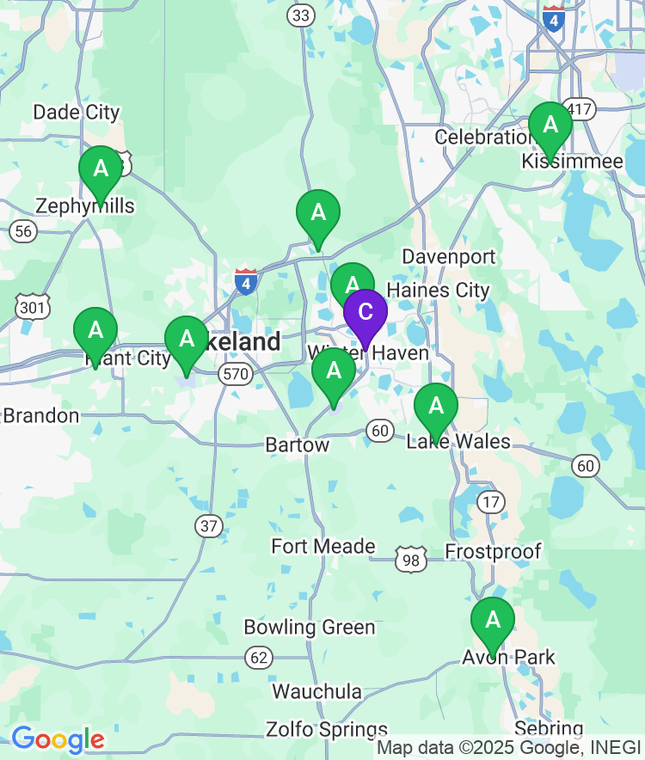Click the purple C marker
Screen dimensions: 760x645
(x=365, y=313)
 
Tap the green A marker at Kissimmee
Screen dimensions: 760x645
(x=550, y=126)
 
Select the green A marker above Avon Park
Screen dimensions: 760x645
(x=492, y=620)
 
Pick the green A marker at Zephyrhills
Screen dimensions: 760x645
(x=101, y=169)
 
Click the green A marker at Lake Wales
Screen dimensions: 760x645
(x=436, y=406)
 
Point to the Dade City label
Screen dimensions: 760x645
(x=77, y=113)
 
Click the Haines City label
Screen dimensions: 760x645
(x=439, y=291)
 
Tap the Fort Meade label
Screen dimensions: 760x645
(x=323, y=547)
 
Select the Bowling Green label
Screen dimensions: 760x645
(x=310, y=628)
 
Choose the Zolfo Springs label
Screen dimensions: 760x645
(x=327, y=730)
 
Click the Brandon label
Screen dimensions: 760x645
(x=40, y=416)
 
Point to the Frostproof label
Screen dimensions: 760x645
(x=494, y=552)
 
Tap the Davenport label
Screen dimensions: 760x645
(x=449, y=257)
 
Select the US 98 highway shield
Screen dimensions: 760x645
(x=411, y=560)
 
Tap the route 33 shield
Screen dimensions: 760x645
(x=301, y=15)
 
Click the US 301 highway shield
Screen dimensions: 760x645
(x=32, y=306)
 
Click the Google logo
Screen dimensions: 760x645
(x=58, y=739)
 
